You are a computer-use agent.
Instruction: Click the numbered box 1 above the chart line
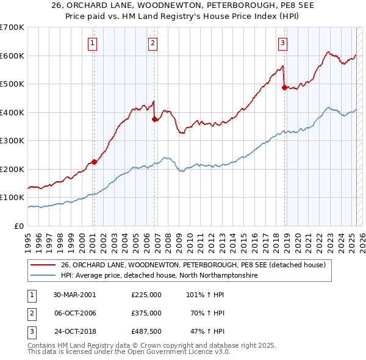point(92,43)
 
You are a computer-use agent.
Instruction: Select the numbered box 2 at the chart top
point(152,43)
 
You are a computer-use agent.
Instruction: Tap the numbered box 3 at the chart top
point(283,43)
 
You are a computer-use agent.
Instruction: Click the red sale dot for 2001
point(94,162)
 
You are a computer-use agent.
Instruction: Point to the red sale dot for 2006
point(154,120)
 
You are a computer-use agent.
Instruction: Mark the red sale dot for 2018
point(284,87)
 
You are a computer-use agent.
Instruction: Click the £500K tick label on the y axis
point(12,84)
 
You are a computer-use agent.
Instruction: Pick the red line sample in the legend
point(43,265)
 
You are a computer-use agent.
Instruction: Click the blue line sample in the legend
point(43,275)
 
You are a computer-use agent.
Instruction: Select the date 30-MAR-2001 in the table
point(75,295)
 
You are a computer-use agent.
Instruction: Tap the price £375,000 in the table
point(146,313)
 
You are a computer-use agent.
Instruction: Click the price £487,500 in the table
point(146,331)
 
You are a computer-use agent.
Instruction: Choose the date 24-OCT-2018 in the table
point(76,331)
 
